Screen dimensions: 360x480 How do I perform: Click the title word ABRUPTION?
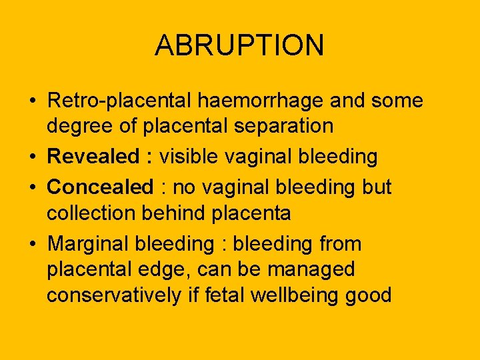239,45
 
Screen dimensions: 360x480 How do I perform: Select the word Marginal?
89,244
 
